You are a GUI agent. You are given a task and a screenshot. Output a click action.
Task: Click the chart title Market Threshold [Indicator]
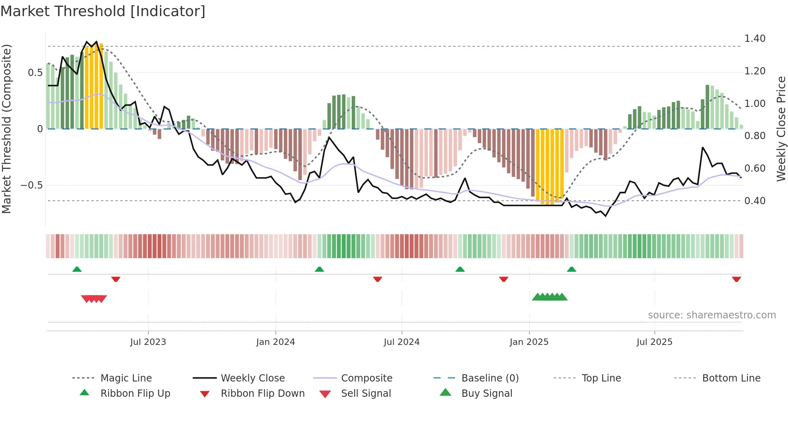pos(103,11)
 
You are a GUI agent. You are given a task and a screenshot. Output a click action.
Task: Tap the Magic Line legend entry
pos(126,378)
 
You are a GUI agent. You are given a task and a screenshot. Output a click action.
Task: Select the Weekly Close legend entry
pos(252,378)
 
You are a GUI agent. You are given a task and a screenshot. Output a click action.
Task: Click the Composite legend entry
pos(366,378)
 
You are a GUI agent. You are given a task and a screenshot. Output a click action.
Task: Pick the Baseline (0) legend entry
pos(490,378)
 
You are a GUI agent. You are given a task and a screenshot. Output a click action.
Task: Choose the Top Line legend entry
pos(601,378)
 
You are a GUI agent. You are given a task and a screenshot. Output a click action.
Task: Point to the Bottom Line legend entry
pos(731,378)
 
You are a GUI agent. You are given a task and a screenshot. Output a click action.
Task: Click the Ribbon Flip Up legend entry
pos(135,394)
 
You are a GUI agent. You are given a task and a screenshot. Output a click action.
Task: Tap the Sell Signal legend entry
pos(365,394)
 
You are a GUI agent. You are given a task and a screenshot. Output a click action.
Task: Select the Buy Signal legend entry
pos(486,394)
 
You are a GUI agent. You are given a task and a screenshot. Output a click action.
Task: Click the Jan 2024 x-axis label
pos(275,342)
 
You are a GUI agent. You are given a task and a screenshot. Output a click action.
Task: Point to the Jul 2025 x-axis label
pos(654,342)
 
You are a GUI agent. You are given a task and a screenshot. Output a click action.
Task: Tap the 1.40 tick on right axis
pos(755,39)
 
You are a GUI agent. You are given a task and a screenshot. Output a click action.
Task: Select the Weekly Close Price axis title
pos(781,129)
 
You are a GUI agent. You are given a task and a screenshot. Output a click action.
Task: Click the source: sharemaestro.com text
pos(712,315)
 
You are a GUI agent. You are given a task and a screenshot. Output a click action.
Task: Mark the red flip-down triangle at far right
pos(736,279)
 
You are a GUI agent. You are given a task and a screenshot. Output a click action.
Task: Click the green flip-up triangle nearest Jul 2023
pos(77,269)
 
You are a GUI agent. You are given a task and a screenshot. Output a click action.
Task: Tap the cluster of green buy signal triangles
pos(550,297)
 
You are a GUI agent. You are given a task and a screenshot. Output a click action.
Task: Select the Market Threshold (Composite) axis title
pos(6,129)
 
